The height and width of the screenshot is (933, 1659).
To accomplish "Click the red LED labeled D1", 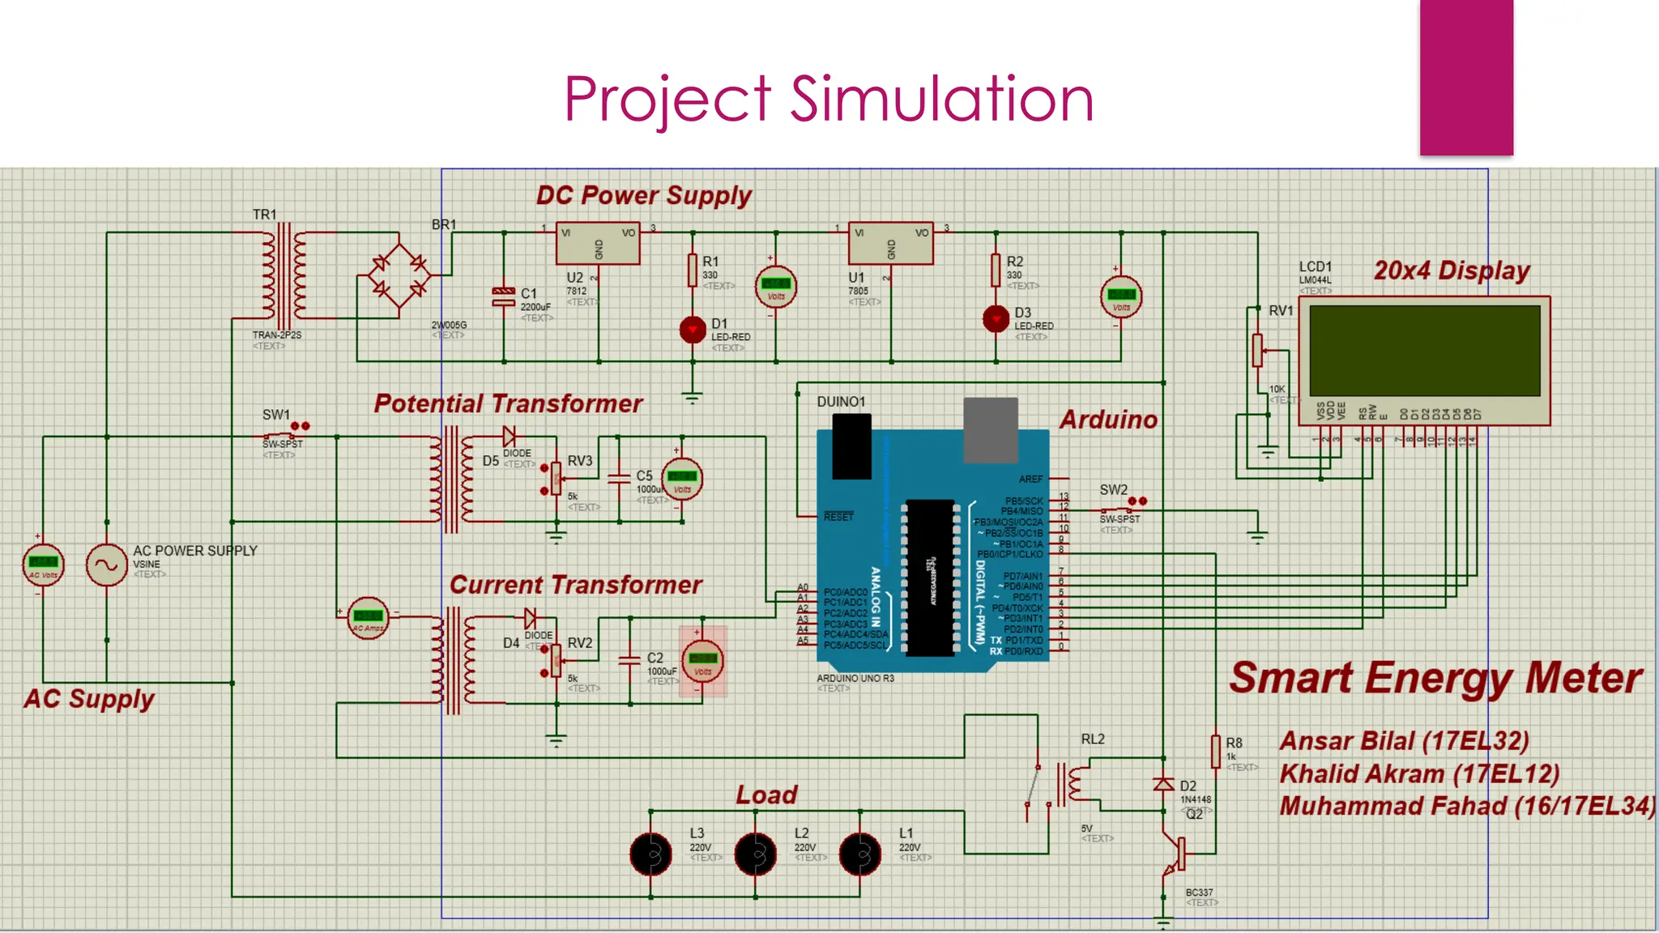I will pyautogui.click(x=693, y=330).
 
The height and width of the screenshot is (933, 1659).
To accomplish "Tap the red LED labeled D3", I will pyautogui.click(x=996, y=319).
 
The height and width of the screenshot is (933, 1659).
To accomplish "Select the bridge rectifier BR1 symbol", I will pyautogui.click(x=399, y=275).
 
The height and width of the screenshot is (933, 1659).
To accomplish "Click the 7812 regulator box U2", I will pyautogui.click(x=598, y=244).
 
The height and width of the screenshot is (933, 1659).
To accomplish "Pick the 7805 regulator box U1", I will pyautogui.click(x=890, y=244).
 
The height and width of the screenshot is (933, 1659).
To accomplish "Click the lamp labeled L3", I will pyautogui.click(x=651, y=854).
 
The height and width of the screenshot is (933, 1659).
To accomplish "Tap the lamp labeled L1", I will pyautogui.click(x=859, y=854).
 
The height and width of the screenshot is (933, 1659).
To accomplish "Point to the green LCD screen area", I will pyautogui.click(x=1424, y=350).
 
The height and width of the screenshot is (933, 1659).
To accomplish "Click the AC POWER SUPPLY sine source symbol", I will pyautogui.click(x=107, y=564).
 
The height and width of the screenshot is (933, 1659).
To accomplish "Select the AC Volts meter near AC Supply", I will pyautogui.click(x=43, y=564).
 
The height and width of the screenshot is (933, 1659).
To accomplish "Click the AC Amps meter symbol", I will pyautogui.click(x=368, y=620).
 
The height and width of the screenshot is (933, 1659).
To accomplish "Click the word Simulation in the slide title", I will pyautogui.click(x=941, y=100).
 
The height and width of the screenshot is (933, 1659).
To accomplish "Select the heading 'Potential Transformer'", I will pyautogui.click(x=508, y=403).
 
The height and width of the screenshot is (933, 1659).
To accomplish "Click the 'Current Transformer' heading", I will pyautogui.click(x=575, y=585).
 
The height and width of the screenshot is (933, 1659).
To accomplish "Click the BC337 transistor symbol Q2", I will pyautogui.click(x=1175, y=854).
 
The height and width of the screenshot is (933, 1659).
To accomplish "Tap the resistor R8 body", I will pyautogui.click(x=1215, y=751).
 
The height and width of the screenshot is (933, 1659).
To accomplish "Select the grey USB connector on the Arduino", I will pyautogui.click(x=990, y=429).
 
